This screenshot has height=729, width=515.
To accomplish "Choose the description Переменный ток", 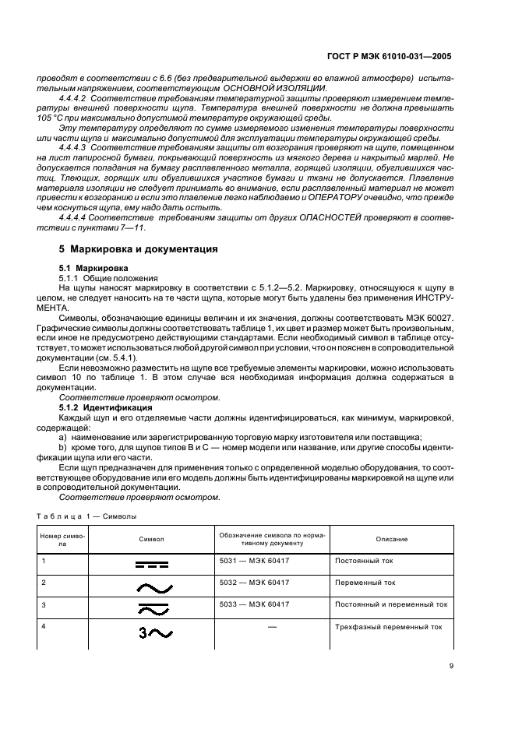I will pos(365,582).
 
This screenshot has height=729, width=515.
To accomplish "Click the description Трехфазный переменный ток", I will pos(387,625).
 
